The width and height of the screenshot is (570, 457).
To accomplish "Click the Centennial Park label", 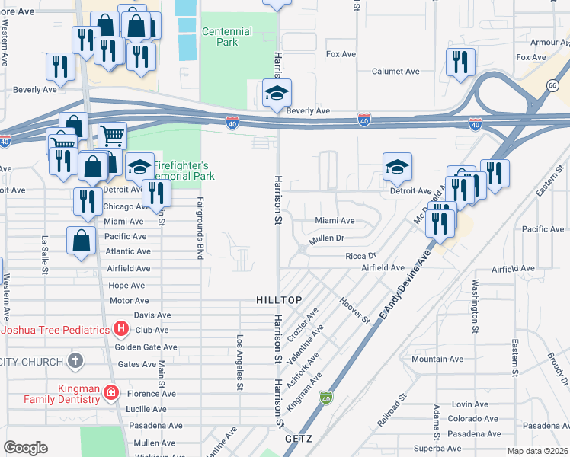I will [x=226, y=37].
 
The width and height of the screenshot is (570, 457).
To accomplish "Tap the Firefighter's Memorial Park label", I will [x=184, y=171].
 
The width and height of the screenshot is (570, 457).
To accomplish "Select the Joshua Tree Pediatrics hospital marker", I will [x=120, y=330].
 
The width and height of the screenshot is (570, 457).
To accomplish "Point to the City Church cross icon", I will [x=75, y=360].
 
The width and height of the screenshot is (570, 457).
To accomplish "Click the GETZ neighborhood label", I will [x=299, y=439].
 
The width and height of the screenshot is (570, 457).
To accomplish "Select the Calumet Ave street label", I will [x=395, y=71].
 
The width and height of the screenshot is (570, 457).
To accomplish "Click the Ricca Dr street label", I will [x=361, y=257].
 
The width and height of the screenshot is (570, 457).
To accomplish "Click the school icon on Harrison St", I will [x=277, y=95].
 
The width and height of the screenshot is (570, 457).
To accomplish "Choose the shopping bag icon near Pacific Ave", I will [x=81, y=241].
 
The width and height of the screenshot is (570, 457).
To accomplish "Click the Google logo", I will [x=25, y=448].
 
